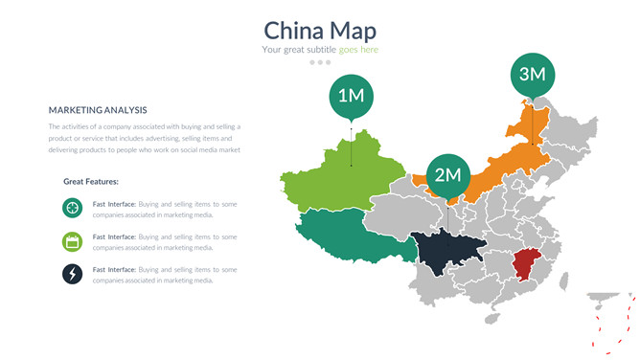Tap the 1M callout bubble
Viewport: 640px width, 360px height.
tap(351, 95)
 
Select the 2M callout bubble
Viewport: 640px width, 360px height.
tap(447, 174)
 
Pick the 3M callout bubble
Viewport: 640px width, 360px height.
tap(532, 74)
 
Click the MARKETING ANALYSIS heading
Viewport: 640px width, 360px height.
tap(98, 110)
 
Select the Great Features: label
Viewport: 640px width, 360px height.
tap(91, 181)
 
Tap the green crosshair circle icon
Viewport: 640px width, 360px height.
tap(72, 208)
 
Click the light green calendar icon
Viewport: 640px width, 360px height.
tap(72, 241)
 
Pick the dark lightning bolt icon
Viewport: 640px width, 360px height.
tap(72, 275)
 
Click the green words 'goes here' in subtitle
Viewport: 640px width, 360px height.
tap(358, 50)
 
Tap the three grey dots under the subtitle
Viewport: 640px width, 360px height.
tap(320, 62)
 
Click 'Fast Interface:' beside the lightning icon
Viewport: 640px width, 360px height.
tap(114, 270)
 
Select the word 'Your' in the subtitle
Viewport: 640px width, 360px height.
tap(271, 50)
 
